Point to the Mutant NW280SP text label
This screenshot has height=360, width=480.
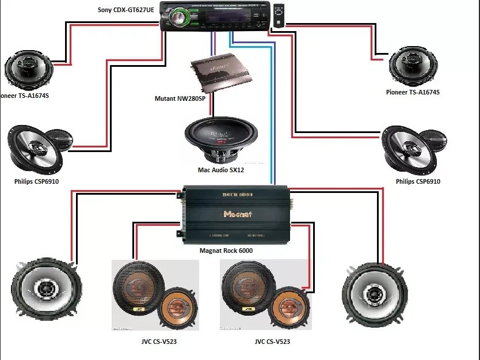tap(181, 98)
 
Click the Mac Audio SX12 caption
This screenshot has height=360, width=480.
tap(221, 170)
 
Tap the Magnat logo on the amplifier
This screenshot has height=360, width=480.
tap(238, 214)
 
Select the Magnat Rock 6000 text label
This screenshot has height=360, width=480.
tap(226, 251)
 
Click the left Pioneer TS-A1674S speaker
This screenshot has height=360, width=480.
tap(29, 69)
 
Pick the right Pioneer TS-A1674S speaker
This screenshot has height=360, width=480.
tap(413, 66)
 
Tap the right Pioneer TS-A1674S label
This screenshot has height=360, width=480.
tap(413, 92)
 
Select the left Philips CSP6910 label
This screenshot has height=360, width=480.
tap(37, 181)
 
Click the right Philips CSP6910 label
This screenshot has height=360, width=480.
tap(418, 181)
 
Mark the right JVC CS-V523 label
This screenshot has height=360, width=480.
tap(272, 342)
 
